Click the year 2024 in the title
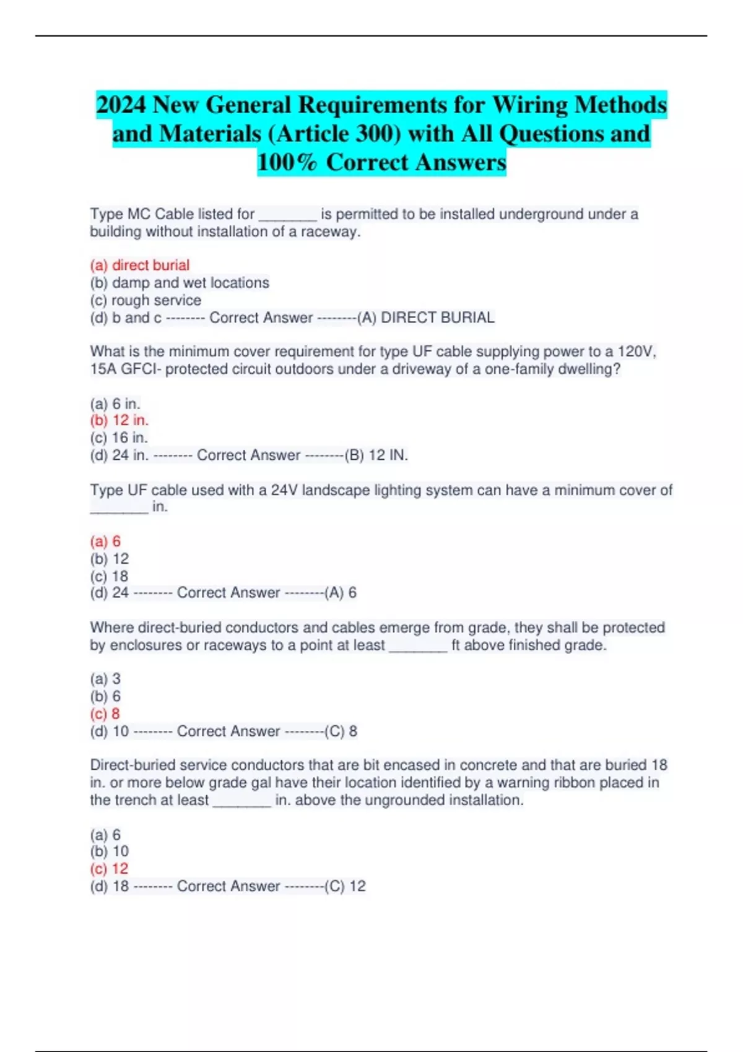(x=121, y=105)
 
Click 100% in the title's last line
(x=287, y=163)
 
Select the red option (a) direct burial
(x=140, y=265)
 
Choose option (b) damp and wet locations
(x=180, y=283)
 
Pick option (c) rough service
(x=146, y=300)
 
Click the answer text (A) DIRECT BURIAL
(x=427, y=318)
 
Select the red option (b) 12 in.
(x=119, y=420)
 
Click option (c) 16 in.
(x=119, y=438)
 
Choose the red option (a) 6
(x=105, y=541)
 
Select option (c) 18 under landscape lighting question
(x=109, y=576)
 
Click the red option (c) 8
(x=105, y=714)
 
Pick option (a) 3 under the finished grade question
(x=105, y=679)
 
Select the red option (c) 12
(x=109, y=869)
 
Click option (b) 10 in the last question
(x=109, y=852)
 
